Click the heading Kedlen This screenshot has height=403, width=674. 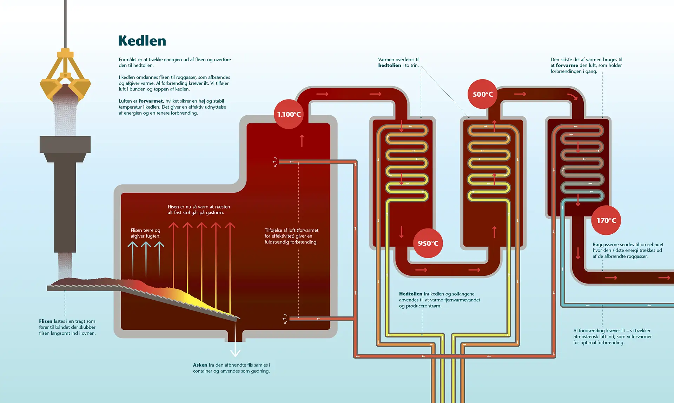click(x=142, y=41)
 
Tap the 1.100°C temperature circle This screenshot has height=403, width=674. click(x=289, y=114)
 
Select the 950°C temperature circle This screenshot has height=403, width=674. click(x=428, y=243)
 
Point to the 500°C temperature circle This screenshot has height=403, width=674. click(x=483, y=94)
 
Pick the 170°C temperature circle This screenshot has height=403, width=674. click(x=606, y=220)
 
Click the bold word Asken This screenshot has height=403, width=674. click(x=200, y=365)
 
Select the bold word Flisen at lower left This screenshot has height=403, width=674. click(x=46, y=321)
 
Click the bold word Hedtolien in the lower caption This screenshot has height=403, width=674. click(x=411, y=294)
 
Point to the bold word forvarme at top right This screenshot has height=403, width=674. click(x=567, y=65)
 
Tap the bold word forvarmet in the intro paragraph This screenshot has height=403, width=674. click(x=151, y=101)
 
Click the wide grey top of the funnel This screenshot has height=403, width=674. click(x=65, y=144)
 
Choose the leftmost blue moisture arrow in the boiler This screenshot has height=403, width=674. click(x=132, y=259)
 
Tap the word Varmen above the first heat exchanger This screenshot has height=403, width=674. click(x=387, y=60)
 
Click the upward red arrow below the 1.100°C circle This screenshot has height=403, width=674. click(x=302, y=141)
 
